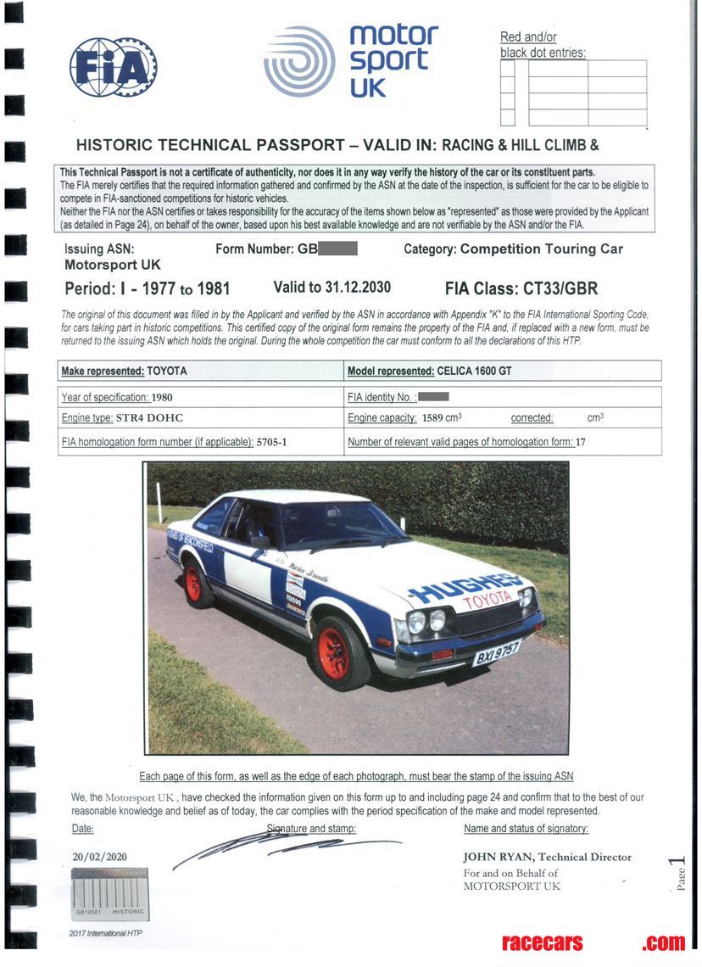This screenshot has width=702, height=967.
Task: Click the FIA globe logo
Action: [113, 67]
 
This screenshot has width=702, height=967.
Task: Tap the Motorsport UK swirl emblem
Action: [298, 61]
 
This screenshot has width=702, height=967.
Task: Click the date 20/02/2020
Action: [99, 857]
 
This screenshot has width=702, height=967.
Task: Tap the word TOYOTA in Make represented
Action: [167, 372]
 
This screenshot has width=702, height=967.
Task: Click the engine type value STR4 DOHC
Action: [149, 418]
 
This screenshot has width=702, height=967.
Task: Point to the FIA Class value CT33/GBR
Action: [566, 288]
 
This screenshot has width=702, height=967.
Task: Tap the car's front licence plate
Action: [496, 652]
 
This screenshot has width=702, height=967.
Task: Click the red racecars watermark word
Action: [543, 942]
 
